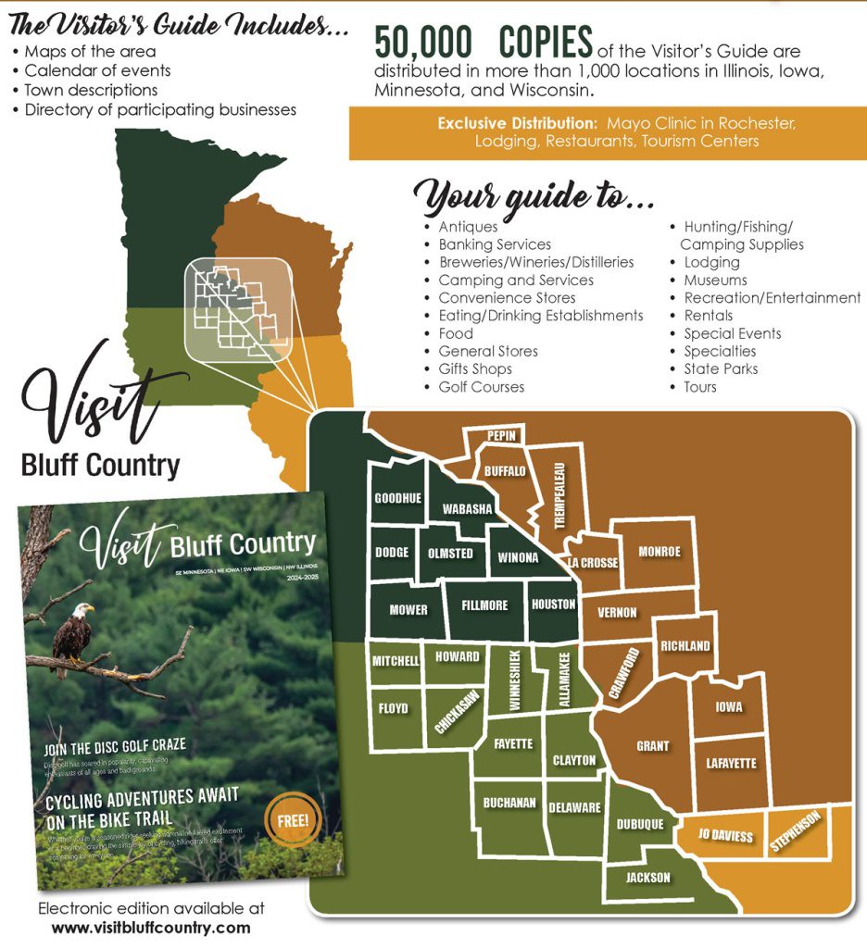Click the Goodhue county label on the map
397,498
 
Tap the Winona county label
518,557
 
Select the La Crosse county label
593,563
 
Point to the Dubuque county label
639,824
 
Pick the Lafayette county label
731,764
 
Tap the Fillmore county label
484,605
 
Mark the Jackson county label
647,878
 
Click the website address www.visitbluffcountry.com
151,927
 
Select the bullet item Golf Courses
481,387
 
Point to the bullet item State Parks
721,368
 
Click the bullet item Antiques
468,227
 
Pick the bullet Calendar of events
97,70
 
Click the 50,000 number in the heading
423,43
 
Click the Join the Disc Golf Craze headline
116,744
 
